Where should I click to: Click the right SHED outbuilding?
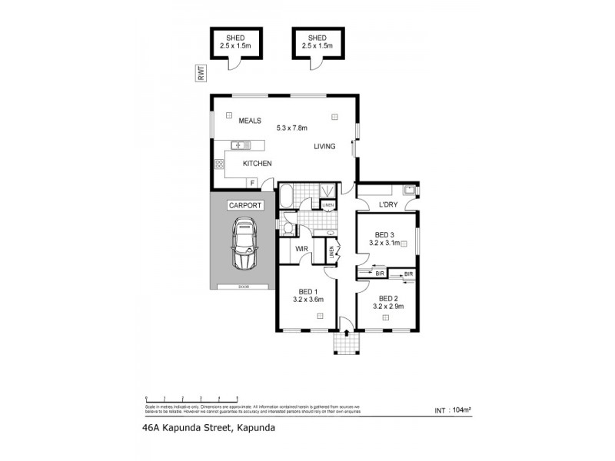pos(317,45)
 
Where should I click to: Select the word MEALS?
pos(250,121)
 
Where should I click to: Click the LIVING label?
pos(324,146)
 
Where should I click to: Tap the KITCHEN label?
pos(258,164)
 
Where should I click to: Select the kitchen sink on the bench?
pos(239,144)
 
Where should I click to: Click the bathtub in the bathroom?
pos(284,198)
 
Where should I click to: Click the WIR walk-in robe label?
pos(302,249)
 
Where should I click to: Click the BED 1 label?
pos(307,291)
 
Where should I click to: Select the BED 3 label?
pos(385,234)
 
